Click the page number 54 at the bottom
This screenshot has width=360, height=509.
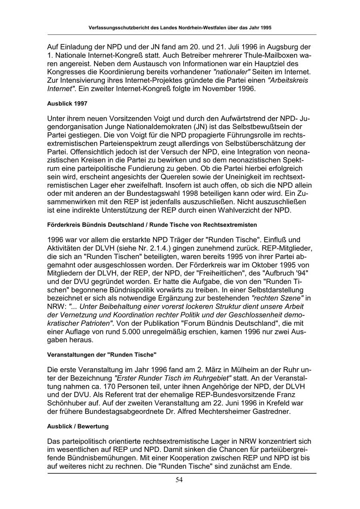click(179, 480)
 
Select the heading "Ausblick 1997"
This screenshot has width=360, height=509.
click(67, 104)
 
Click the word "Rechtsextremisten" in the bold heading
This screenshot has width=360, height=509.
click(228, 225)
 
